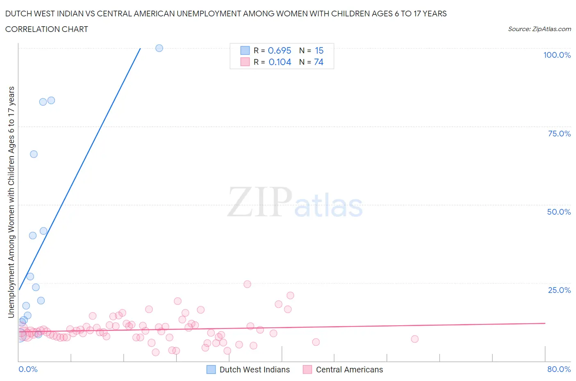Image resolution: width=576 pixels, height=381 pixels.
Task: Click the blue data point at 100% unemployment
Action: coord(159,48)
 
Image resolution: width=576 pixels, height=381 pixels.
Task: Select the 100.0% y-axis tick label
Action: coord(557,55)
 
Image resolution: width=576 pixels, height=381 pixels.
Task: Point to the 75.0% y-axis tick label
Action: coord(559,134)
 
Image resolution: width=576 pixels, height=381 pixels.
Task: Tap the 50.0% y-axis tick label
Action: coord(559,212)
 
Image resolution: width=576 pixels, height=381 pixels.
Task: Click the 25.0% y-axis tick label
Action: coord(559,290)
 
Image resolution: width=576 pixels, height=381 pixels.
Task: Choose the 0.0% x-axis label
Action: coord(28,369)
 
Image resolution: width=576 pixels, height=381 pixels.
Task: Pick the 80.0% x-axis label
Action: coord(559,369)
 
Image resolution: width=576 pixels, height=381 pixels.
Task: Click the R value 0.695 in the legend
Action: coord(279,50)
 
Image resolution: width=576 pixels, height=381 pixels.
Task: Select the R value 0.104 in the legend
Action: coord(280,62)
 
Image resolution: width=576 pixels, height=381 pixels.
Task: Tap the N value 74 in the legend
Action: coord(318,62)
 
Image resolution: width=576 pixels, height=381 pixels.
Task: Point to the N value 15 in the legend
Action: coord(319,50)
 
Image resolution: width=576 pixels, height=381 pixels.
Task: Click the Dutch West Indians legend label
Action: coord(254,370)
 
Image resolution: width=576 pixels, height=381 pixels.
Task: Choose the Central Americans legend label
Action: coord(349,370)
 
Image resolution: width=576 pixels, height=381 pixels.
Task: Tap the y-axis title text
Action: coord(11,202)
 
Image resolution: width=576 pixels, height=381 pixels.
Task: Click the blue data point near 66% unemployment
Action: coord(34,154)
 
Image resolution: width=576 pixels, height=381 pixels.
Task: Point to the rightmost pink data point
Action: coord(415,339)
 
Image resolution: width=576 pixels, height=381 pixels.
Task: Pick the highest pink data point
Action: coord(247,284)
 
